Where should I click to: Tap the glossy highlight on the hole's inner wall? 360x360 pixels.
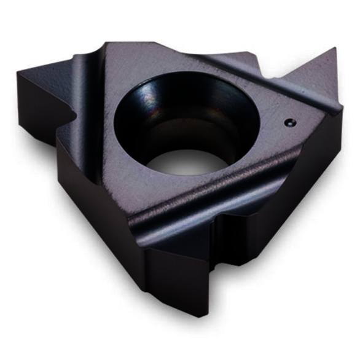click(147, 92)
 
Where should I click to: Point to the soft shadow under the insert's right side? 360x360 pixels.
click(295, 258)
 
